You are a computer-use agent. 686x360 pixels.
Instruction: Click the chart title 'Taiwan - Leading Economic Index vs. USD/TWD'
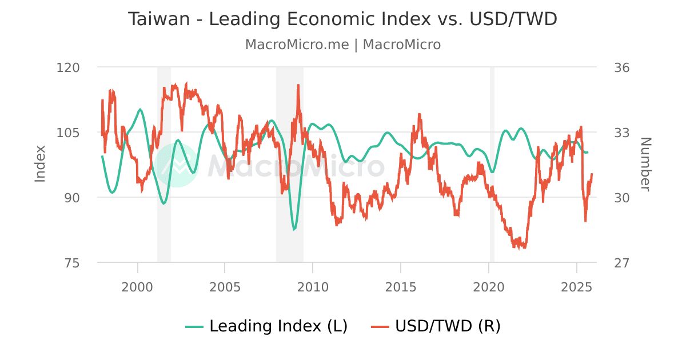342,19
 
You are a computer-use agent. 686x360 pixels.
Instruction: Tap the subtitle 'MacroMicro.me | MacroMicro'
342,45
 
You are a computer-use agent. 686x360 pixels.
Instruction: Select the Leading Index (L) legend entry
267,326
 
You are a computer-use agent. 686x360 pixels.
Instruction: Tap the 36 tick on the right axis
622,67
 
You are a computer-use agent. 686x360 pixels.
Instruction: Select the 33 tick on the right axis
622,133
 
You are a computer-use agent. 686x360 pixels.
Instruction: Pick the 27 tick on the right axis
622,263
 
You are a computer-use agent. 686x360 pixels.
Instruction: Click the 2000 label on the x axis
138,286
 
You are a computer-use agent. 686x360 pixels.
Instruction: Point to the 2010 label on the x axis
313,286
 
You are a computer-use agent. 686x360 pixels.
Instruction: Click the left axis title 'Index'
40,164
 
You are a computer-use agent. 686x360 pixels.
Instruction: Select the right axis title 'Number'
645,164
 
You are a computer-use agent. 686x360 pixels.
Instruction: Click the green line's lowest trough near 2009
294,230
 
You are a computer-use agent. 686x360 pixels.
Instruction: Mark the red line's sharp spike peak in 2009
298,85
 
